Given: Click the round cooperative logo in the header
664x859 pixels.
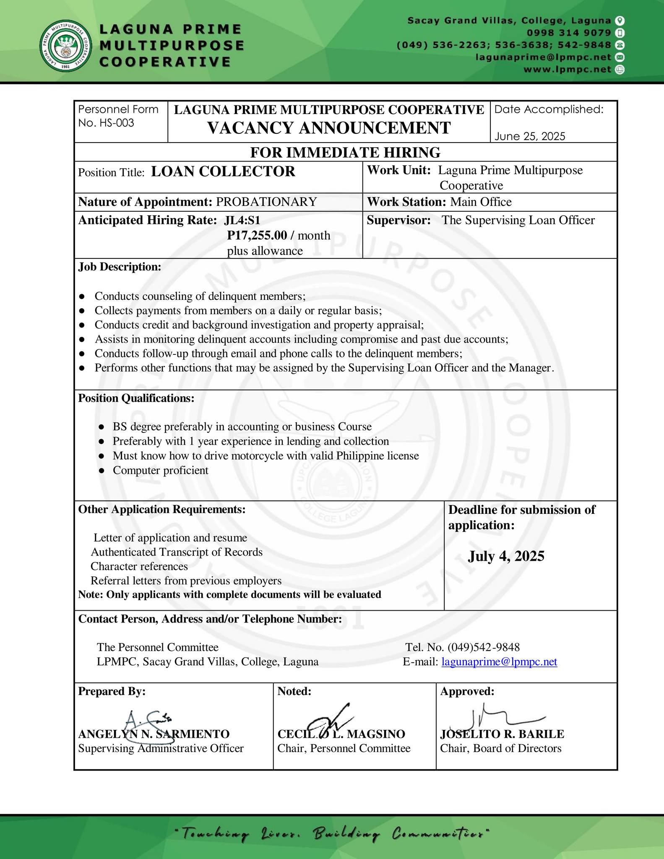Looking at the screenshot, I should [x=67, y=45].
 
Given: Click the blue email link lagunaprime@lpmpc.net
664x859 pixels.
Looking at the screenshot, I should [x=499, y=661].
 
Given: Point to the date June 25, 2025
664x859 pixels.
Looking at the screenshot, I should [x=529, y=136].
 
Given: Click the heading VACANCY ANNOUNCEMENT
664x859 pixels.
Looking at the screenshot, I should [x=329, y=128].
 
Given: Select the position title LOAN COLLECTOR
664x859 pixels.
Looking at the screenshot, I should [x=223, y=172].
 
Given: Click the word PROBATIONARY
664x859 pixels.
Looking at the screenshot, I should [x=266, y=202].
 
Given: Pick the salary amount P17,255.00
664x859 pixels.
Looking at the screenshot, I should [x=257, y=235].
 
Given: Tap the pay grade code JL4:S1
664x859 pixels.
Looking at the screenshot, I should [x=242, y=220].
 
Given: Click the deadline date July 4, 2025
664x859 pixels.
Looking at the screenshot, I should [x=506, y=556].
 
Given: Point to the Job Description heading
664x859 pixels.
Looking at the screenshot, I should [x=120, y=267].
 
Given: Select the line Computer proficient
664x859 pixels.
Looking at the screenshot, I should [x=160, y=470].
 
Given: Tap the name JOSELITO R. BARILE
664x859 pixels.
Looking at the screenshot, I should [x=502, y=734].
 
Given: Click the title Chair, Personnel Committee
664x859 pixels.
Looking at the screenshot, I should [x=344, y=748].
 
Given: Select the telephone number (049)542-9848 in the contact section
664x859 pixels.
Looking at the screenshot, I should [x=483, y=647].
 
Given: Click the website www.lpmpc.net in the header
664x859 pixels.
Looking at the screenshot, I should [x=567, y=70].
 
